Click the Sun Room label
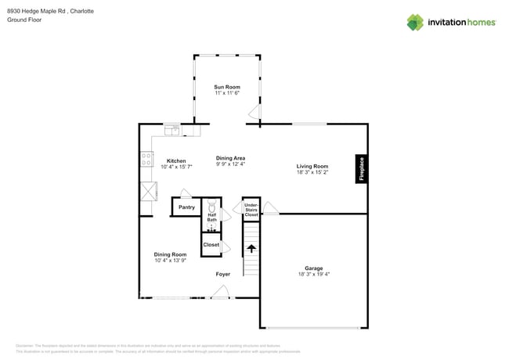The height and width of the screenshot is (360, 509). pos(227,87)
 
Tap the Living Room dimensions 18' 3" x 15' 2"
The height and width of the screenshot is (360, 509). pos(312,172)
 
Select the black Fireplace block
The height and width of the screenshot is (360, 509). pos(361,169)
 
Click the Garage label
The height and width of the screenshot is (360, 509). pos(313,268)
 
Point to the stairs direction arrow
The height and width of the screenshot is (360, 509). pos(251,249)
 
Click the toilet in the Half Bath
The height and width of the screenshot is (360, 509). pos(211,209)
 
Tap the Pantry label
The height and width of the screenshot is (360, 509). pos(186,207)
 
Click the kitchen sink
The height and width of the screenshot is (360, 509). pos(171,130)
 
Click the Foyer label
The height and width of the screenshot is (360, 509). pos(223,274)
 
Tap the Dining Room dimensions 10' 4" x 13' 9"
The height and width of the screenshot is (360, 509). pos(170,261)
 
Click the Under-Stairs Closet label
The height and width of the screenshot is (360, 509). pos(251,210)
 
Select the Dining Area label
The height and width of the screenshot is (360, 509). pos(230,158)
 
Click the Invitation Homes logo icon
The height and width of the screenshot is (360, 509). pos(415,22)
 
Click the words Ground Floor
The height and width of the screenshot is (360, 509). pos(24,20)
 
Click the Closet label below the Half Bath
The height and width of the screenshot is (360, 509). pos(211,245)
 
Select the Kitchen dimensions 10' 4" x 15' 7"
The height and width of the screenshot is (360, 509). pos(176,167)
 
